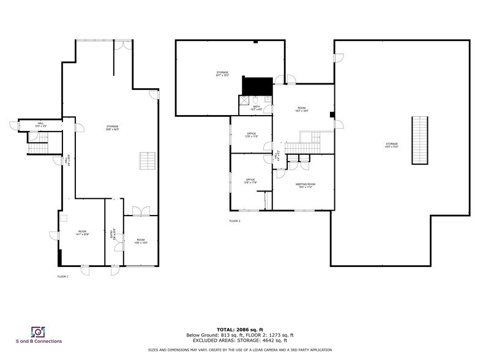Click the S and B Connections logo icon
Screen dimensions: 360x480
(x=38, y=331)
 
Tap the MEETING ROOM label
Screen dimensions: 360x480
(x=306, y=186)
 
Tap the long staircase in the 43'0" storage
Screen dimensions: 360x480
(x=419, y=140)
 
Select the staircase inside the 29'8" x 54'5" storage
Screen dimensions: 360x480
(x=148, y=162)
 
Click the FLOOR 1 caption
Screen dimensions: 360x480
(x=62, y=277)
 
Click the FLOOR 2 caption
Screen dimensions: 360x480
(x=235, y=220)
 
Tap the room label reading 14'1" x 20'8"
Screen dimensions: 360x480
(x=82, y=233)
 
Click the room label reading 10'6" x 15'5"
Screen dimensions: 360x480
(x=141, y=241)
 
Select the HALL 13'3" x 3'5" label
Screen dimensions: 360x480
(x=40, y=124)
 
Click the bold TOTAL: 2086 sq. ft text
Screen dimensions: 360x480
(x=240, y=330)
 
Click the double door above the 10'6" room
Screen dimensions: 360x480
(x=141, y=211)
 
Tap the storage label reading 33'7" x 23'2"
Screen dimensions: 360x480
(x=222, y=74)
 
